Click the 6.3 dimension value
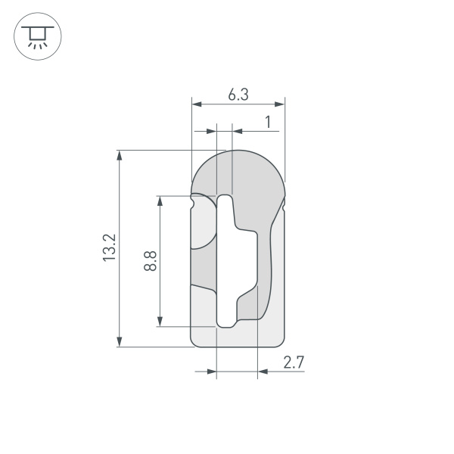tap(238, 95)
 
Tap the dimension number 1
tap(268, 121)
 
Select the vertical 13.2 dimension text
tap(110, 248)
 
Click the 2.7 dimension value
tap(294, 362)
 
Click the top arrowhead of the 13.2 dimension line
tap(119, 155)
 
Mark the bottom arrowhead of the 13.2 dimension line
tap(119, 342)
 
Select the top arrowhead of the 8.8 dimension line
tap(160, 201)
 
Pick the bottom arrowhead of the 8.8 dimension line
tap(160, 322)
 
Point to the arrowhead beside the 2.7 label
tap(263, 372)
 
